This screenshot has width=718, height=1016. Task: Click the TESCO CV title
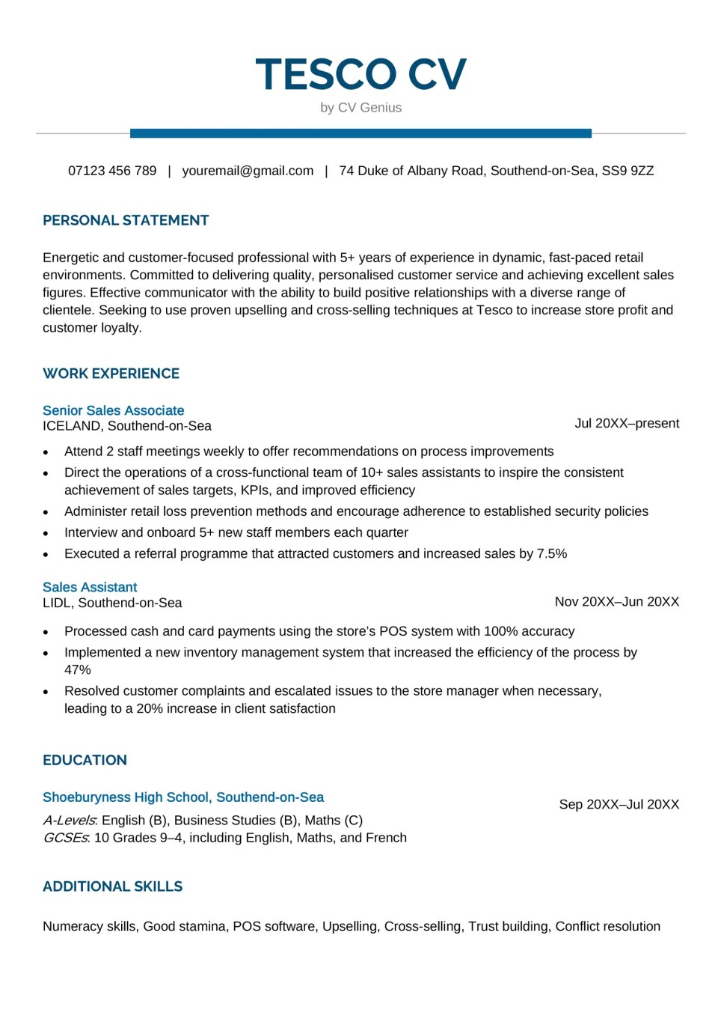(360, 75)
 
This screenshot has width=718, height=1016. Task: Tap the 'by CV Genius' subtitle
(360, 108)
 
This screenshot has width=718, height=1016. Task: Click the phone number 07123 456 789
(112, 171)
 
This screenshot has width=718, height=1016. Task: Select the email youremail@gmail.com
(248, 171)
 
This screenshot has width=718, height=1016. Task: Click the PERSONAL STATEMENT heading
(126, 220)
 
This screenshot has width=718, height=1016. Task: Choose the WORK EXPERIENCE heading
(111, 374)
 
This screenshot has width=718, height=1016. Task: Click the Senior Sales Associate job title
(113, 410)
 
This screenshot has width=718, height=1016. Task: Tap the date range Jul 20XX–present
(627, 423)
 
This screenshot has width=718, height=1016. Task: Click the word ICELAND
(72, 426)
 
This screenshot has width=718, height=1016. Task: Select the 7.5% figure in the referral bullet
(552, 553)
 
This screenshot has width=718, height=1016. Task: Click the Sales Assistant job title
(90, 587)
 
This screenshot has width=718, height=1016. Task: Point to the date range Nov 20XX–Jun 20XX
(617, 601)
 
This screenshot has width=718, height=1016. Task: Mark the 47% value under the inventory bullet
(77, 669)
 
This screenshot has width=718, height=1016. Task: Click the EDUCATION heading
(85, 760)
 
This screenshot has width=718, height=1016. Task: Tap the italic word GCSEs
(66, 837)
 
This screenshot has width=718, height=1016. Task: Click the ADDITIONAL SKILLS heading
(112, 886)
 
